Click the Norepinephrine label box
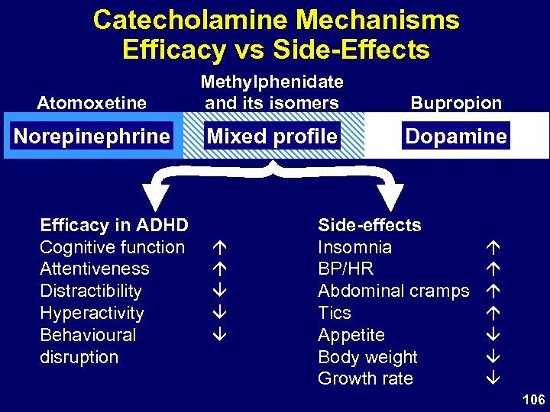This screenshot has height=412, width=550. click(x=92, y=137)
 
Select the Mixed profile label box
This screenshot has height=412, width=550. click(x=273, y=137)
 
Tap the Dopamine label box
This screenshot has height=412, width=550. click(x=457, y=137)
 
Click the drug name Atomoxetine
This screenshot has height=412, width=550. click(x=92, y=102)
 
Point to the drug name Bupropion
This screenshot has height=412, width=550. click(x=457, y=102)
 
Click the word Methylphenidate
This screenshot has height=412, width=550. click(x=272, y=82)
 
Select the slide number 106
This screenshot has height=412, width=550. click(x=533, y=400)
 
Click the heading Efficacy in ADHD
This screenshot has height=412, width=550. click(x=114, y=225)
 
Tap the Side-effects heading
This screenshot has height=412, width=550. click(x=369, y=225)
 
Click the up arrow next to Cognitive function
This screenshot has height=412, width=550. click(x=218, y=248)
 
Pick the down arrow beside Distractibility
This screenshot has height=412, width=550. click(x=218, y=291)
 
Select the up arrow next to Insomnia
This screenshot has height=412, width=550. click(x=493, y=248)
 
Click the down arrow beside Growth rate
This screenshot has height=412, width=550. click(x=493, y=379)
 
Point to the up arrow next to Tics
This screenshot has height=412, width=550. click(x=493, y=314)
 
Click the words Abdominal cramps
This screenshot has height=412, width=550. click(x=393, y=291)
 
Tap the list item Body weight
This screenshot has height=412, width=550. click(x=367, y=357)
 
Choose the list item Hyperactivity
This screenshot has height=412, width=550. click(x=92, y=314)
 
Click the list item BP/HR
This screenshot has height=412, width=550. click(x=345, y=269)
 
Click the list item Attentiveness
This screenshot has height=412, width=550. click(x=95, y=269)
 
